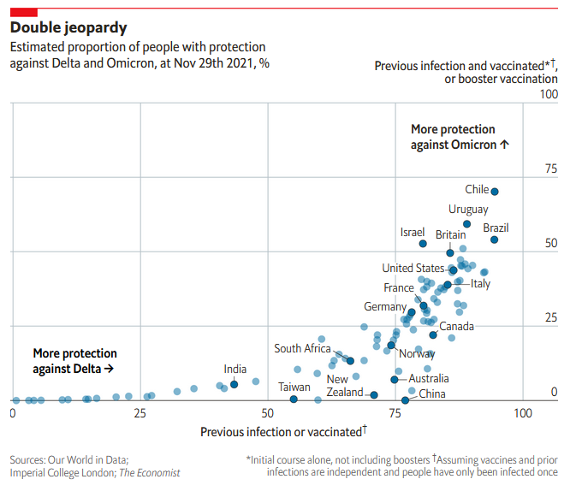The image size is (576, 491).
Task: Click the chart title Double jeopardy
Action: (68, 28)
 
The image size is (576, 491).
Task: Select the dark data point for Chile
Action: (495, 192)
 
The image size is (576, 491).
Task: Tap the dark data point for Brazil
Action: (495, 240)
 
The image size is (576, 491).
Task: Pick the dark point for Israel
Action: (423, 244)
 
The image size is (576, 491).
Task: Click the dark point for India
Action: (235, 384)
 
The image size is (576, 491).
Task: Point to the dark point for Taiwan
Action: (294, 399)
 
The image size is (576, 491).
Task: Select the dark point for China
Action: (406, 400)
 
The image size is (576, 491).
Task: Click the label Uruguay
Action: (468, 210)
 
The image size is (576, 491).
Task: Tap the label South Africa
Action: (302, 348)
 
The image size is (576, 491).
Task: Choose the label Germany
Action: (385, 307)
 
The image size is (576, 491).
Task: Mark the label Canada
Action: (456, 326)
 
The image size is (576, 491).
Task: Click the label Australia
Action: (428, 379)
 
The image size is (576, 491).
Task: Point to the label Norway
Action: (417, 353)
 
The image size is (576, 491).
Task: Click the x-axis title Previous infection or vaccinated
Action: (283, 432)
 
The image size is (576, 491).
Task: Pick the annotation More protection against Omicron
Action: (460, 137)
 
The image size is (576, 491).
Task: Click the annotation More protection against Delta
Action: (74, 361)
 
